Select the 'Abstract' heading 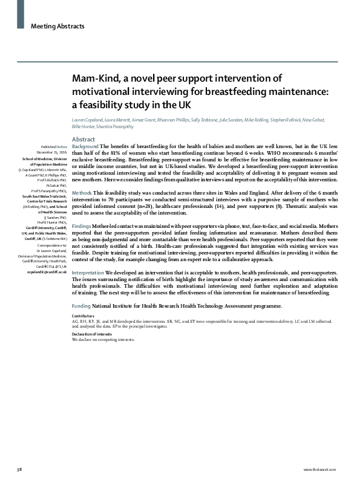83,139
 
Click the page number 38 19,469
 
